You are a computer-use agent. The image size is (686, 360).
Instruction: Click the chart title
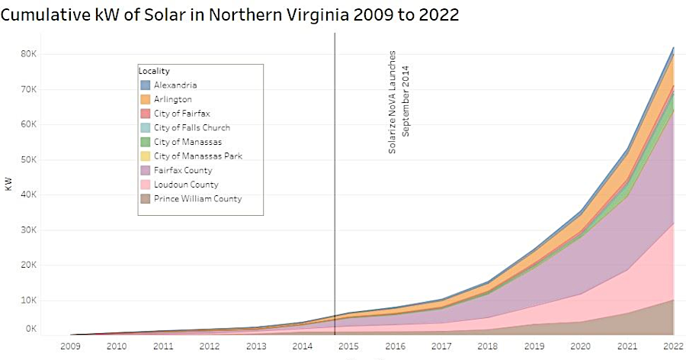(x=230, y=14)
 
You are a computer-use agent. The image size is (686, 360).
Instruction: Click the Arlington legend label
(x=172, y=99)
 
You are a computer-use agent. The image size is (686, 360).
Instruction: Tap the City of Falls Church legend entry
(x=191, y=127)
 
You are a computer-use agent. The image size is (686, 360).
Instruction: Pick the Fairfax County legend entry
(x=183, y=170)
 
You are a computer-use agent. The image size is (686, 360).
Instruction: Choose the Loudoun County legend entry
(x=185, y=185)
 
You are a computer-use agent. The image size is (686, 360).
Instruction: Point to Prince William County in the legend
(x=197, y=199)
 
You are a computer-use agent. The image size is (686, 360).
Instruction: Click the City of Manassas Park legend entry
(x=197, y=156)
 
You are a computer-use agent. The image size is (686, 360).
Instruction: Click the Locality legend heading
(x=154, y=71)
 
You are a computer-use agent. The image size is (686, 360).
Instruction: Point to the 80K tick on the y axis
(x=28, y=54)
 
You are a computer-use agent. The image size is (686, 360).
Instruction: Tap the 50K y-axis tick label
(x=28, y=159)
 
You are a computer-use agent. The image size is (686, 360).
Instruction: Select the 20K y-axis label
(x=28, y=265)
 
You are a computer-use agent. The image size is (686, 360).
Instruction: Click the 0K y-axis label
(x=30, y=329)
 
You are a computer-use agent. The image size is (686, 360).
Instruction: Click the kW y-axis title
(x=8, y=185)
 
